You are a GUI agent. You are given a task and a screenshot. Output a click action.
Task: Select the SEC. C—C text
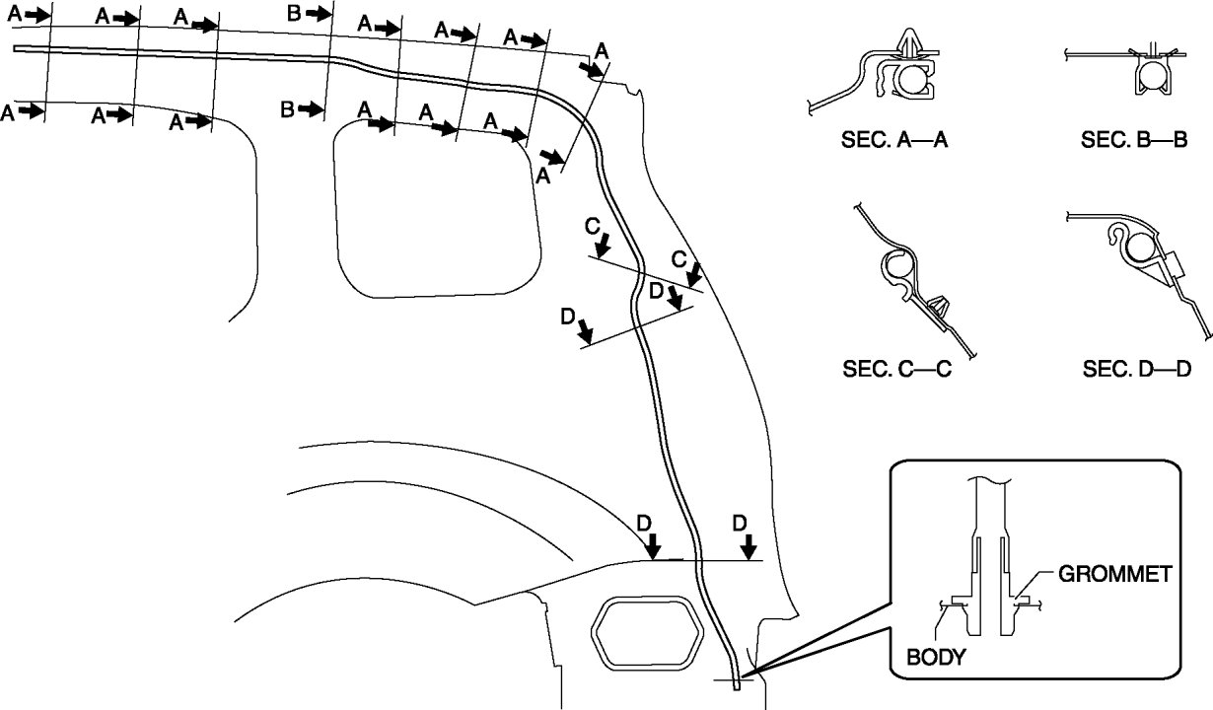[x=895, y=370]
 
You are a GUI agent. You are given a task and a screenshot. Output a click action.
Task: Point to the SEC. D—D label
[x=1137, y=370]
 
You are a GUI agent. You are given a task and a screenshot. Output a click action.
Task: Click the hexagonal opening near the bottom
[x=646, y=630]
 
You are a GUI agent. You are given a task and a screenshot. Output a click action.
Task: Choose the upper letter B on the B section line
[x=294, y=13]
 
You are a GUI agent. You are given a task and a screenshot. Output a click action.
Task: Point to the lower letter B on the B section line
[x=287, y=108]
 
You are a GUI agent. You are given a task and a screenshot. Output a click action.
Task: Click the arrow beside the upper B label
[x=318, y=13]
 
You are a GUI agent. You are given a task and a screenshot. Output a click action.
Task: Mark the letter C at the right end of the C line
[x=679, y=258]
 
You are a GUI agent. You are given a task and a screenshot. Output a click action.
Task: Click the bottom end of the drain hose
[x=736, y=687]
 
